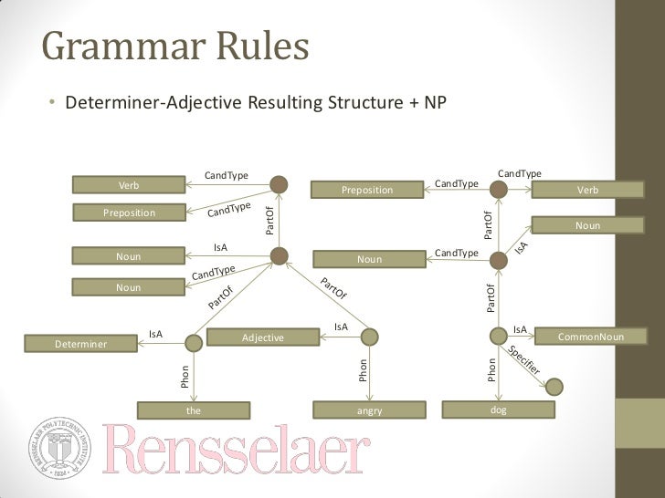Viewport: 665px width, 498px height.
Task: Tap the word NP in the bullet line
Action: coord(434,101)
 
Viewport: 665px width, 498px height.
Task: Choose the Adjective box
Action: coord(262,337)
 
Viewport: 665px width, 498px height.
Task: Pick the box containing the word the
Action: coord(193,410)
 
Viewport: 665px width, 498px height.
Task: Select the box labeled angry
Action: coord(369,410)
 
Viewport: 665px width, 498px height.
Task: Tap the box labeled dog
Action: coord(498,410)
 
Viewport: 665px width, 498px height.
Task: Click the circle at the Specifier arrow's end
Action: coord(554,386)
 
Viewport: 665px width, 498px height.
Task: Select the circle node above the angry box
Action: coord(369,339)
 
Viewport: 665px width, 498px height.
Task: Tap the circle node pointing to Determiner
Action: coord(193,343)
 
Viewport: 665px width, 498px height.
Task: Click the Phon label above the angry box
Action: coord(363,370)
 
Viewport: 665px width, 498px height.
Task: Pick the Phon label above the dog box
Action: coord(491,369)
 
